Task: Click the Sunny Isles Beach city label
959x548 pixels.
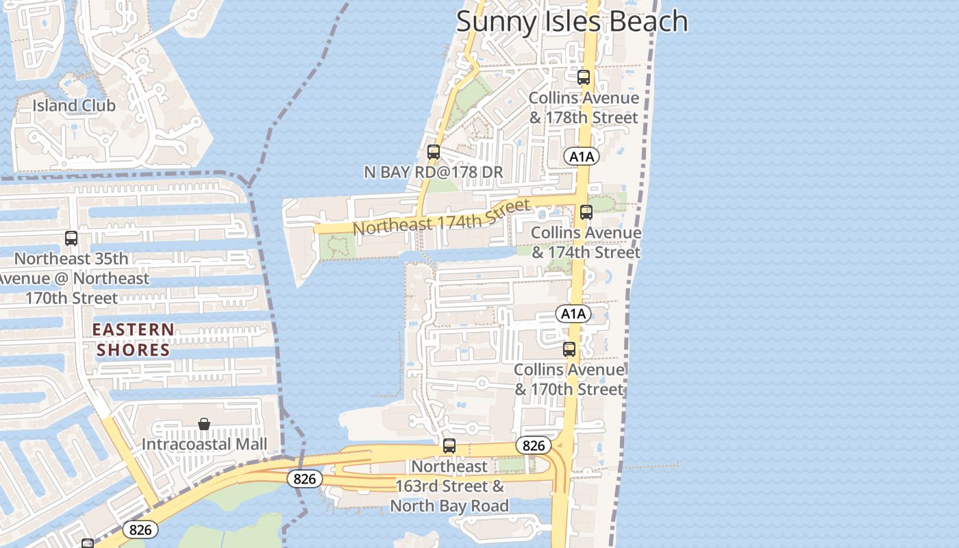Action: point(572,21)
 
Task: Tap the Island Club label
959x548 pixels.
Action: point(74,105)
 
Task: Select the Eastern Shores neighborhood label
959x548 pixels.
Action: point(133,340)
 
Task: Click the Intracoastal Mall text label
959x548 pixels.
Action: point(204,444)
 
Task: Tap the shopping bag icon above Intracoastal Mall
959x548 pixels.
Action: point(204,425)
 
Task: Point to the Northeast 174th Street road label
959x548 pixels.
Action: point(442,216)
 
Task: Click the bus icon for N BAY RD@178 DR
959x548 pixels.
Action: point(434,152)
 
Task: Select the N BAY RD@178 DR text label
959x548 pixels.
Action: point(434,172)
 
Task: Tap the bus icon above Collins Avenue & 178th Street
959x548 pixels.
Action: point(584,77)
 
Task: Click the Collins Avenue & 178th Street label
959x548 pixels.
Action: point(584,108)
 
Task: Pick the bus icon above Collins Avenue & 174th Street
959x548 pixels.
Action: point(586,212)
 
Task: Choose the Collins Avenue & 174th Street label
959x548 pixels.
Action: point(586,242)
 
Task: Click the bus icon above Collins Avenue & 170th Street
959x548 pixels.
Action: point(569,349)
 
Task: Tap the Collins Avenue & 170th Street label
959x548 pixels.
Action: point(569,379)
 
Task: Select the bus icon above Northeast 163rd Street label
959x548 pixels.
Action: point(449,446)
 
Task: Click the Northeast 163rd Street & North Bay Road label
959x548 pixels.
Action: point(449,486)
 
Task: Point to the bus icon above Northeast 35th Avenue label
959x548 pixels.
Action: point(71,238)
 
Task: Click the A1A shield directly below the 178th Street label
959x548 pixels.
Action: point(582,157)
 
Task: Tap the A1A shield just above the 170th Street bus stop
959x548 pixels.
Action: point(573,314)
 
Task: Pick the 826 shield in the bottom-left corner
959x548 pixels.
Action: point(140,530)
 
